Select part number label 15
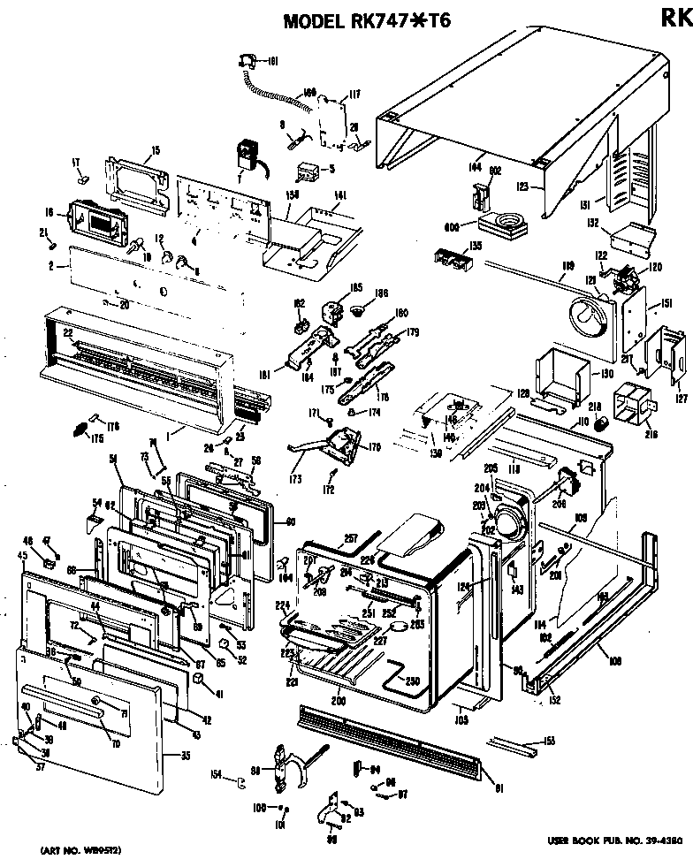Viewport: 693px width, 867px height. (x=155, y=151)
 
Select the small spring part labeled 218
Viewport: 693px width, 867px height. (x=603, y=425)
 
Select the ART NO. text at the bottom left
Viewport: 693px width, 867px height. (x=76, y=850)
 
